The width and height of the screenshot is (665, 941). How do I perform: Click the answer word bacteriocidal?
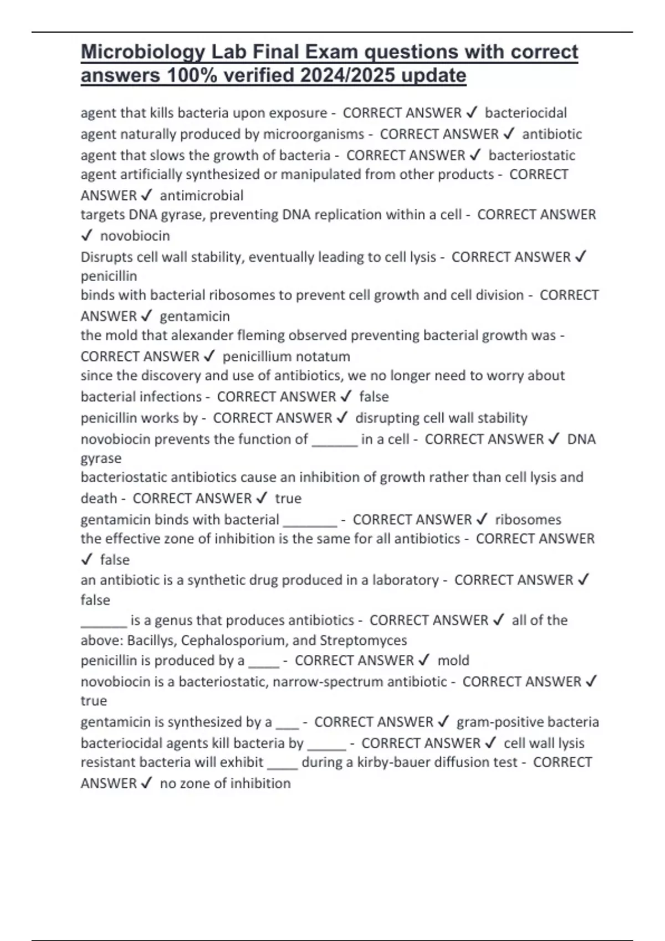tap(525, 113)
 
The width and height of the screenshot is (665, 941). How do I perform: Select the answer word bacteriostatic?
tap(531, 156)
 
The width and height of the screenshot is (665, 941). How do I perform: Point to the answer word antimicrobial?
tap(202, 195)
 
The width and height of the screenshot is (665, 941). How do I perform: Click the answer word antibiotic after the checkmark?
tap(552, 134)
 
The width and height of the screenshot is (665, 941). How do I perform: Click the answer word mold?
tap(453, 660)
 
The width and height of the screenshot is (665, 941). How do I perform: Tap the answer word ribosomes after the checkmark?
tap(528, 520)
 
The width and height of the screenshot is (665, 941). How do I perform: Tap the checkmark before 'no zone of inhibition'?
tap(147, 783)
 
